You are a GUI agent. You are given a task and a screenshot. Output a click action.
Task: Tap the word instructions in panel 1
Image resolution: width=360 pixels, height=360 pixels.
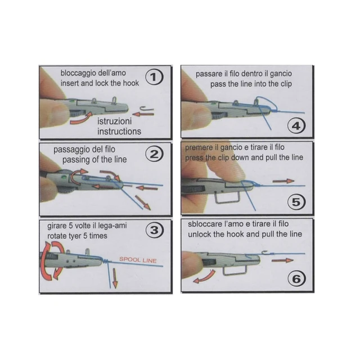(119, 132)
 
